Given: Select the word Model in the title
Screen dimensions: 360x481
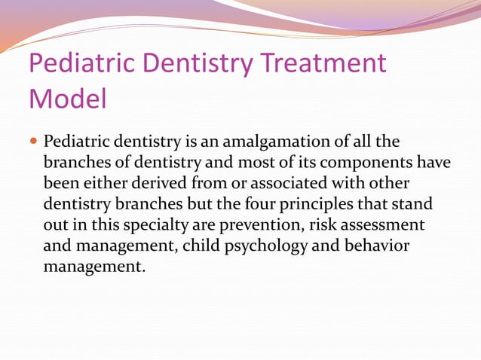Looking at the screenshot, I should [67, 98].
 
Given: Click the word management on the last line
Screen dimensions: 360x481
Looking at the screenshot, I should [92, 266].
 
